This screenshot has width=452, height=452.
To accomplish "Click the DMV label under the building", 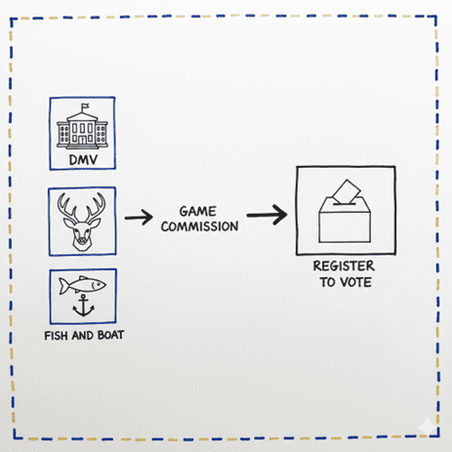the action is tap(83, 160).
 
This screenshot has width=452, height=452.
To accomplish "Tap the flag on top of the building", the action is tap(85, 106).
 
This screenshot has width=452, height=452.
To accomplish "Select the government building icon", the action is tap(82, 127).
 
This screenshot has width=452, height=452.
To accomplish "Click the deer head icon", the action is tap(81, 222).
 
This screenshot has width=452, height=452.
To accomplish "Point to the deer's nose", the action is tap(81, 241).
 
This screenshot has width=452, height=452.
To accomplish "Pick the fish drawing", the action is tap(82, 285).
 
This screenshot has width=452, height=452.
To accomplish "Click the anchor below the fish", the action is tap(83, 306).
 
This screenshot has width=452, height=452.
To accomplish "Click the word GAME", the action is tap(198, 212).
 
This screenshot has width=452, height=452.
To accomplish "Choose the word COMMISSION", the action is tap(199, 226).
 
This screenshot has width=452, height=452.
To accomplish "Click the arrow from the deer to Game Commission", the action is tap(139, 218).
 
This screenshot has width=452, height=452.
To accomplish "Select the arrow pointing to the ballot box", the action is tap(267, 215).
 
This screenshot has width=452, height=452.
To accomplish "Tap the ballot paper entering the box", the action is tap(347, 191).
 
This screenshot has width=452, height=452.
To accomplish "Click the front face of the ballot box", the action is tap(345, 227).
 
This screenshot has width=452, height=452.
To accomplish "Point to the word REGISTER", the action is tap(344, 267).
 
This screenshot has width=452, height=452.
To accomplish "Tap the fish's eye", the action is tap(94, 285).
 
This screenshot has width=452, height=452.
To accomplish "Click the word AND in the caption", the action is tap(83, 335).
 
